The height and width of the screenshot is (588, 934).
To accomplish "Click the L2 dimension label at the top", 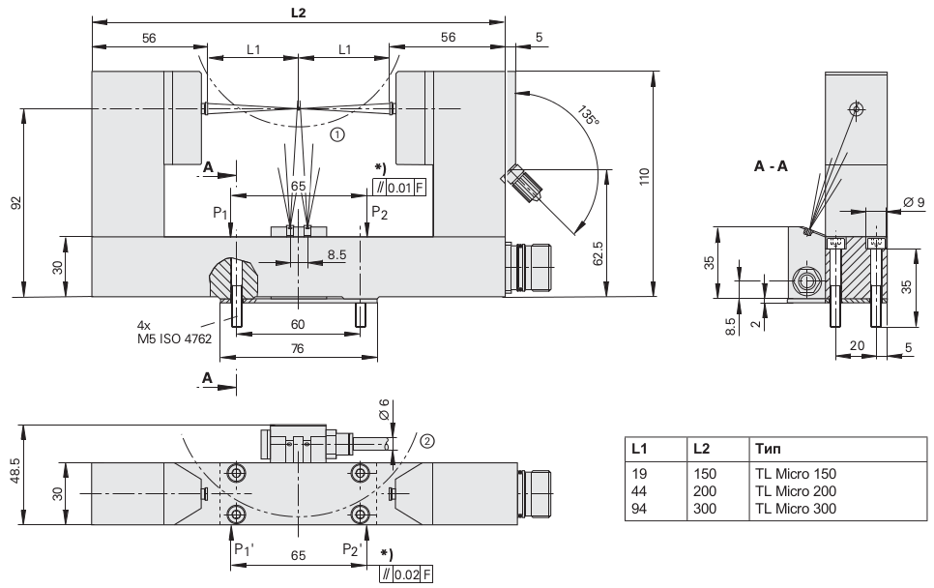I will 298,12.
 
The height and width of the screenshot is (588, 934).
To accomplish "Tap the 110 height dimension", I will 643,176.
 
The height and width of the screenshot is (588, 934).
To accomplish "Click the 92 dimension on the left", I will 14,203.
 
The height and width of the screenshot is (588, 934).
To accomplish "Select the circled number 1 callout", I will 336,135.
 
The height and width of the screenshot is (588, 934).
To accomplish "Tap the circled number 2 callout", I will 426,441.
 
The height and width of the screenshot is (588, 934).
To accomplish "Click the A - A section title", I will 771,166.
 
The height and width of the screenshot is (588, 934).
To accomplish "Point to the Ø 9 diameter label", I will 914,201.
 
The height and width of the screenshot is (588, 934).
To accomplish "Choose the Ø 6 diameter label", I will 383,409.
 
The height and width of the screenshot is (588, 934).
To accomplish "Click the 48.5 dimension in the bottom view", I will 13,474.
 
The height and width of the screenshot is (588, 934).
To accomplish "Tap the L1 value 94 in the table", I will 637,508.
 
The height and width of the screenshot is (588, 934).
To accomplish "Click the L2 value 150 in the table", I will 705,475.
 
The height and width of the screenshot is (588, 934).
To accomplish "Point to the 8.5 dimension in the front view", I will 336,255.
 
